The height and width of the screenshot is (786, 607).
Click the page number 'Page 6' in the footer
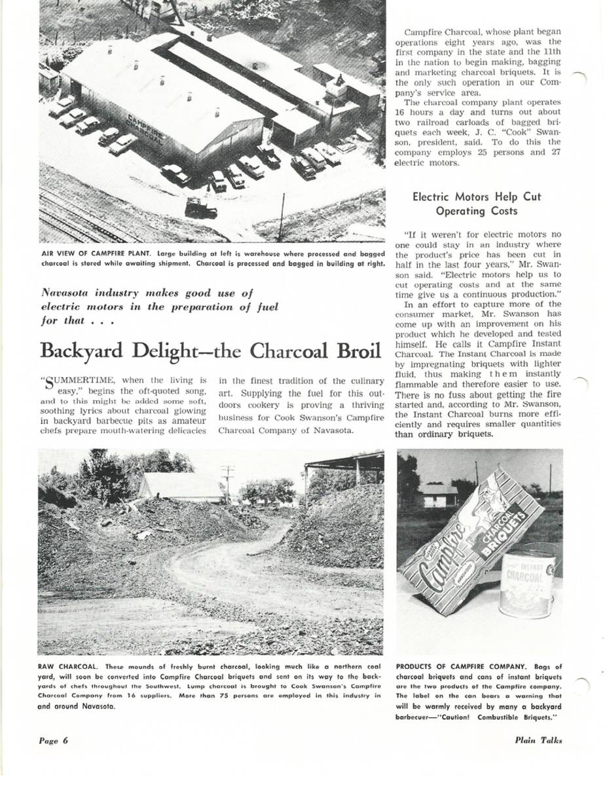tap(53, 741)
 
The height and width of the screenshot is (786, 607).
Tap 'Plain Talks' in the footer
tap(538, 741)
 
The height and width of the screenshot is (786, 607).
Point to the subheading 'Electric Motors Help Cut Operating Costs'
tap(477, 204)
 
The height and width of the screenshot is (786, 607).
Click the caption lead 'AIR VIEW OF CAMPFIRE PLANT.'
tap(96, 253)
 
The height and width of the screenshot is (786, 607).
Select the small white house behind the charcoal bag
tap(437, 495)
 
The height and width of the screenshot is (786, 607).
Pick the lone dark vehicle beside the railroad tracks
tap(200, 208)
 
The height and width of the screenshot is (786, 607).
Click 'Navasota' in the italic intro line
tap(68, 293)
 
